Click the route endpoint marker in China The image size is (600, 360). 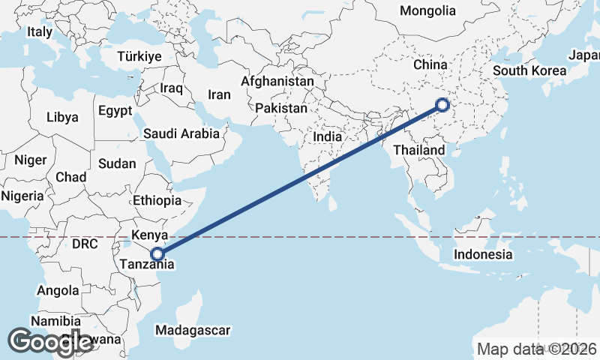(x=442, y=105)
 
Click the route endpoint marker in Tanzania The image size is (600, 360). (x=157, y=254)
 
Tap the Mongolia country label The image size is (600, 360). (x=427, y=11)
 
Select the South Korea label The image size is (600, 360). (x=529, y=71)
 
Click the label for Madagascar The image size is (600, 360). (x=192, y=330)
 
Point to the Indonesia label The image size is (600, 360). (x=483, y=255)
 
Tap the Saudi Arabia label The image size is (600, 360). (x=181, y=134)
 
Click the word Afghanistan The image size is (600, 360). (x=277, y=81)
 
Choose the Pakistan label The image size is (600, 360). (x=281, y=109)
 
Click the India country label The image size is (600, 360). (x=327, y=137)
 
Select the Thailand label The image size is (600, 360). (x=419, y=151)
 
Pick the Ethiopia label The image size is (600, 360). (x=157, y=201)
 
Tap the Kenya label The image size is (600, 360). (x=148, y=235)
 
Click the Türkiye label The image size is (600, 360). (x=139, y=57)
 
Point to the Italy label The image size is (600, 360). (x=39, y=32)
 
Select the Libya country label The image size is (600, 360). (x=61, y=118)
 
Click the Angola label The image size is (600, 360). (x=58, y=290)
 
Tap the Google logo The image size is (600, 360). (x=50, y=341)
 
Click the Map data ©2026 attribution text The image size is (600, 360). (x=536, y=349)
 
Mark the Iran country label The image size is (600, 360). (x=219, y=95)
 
